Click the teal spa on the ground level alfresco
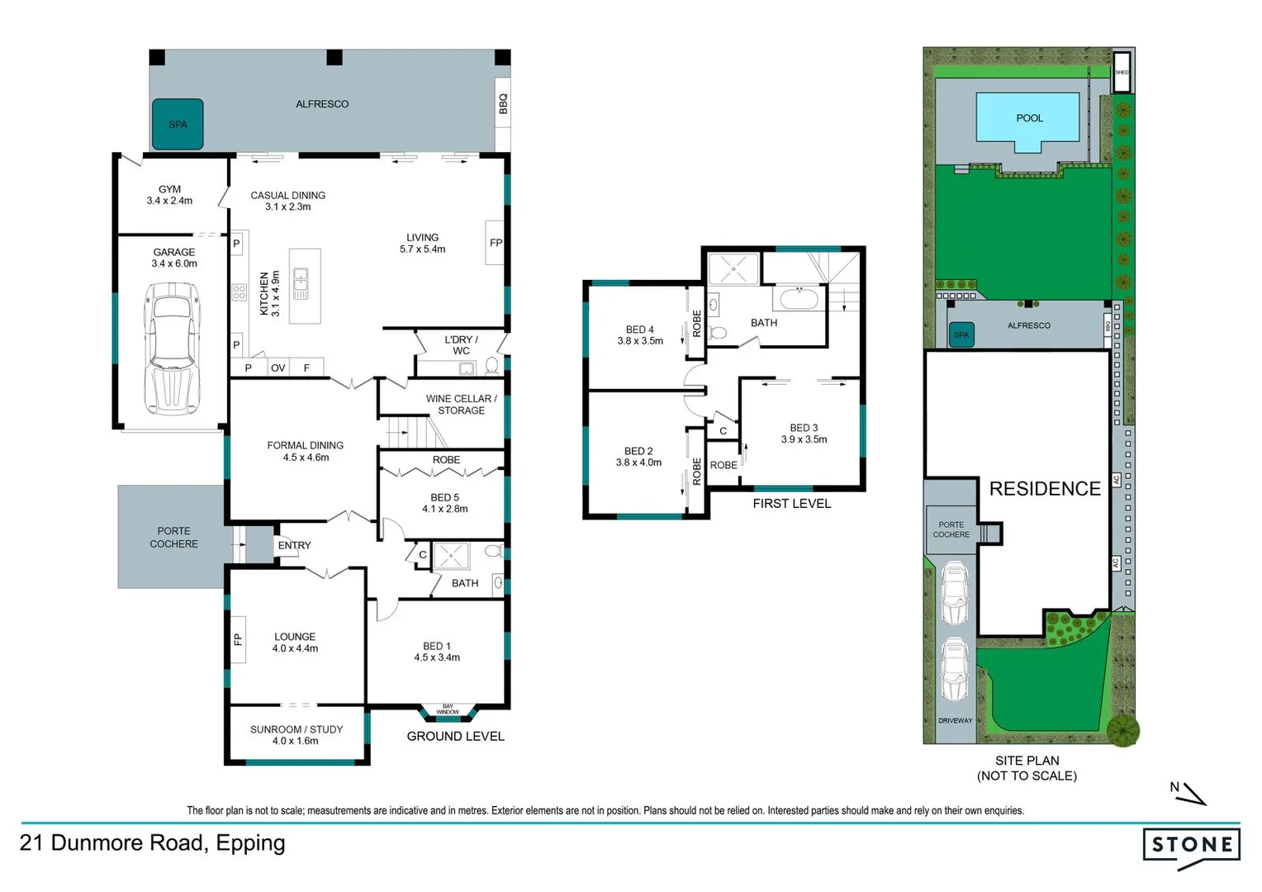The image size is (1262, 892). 178,125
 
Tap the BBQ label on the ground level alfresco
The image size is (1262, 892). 502,103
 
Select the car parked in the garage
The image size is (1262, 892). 173,348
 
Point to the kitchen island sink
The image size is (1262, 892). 301,283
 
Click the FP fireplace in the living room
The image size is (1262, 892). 496,243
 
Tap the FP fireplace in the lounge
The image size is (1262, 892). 238,639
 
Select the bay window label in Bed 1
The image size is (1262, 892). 448,709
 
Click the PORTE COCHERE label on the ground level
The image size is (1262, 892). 173,538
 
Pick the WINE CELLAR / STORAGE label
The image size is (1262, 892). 461,405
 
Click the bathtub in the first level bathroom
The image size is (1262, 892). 799,298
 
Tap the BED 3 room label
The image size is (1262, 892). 804,434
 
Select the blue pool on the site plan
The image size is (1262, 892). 1028,119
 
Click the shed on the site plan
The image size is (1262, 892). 1121,71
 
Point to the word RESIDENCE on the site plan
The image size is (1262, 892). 1045,489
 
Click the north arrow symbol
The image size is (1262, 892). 1189,795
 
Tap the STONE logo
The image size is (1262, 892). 1192,846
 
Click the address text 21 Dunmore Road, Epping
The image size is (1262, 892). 153,843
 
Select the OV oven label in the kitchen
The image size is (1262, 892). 278,368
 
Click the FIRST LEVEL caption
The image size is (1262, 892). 791,504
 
